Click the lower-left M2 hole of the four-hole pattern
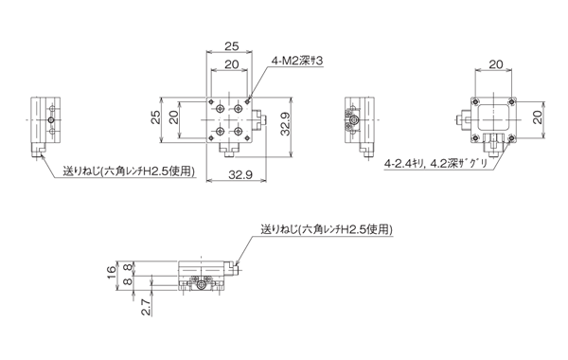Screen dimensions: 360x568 (x=219, y=131)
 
